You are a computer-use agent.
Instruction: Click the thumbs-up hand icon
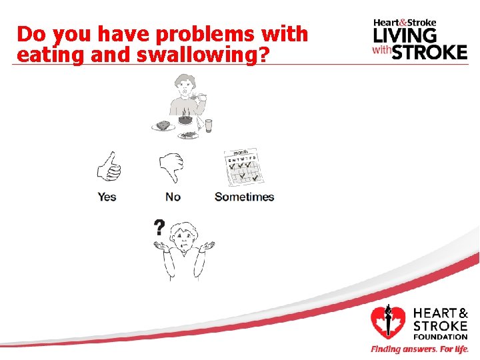click(x=108, y=166)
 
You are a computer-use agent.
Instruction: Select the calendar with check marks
click(x=244, y=167)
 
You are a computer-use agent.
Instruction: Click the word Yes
click(x=107, y=197)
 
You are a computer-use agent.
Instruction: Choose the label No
click(x=173, y=197)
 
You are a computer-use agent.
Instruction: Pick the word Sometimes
click(x=244, y=197)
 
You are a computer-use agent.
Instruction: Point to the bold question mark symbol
click(x=159, y=229)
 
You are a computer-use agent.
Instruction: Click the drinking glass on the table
click(x=209, y=125)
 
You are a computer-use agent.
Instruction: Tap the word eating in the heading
click(x=44, y=55)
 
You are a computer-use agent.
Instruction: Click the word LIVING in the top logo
click(x=405, y=35)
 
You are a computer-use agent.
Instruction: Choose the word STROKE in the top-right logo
click(x=429, y=52)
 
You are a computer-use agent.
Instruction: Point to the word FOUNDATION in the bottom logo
click(x=441, y=337)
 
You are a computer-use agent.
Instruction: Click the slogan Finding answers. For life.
click(x=419, y=349)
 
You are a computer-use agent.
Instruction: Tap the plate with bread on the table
click(x=163, y=125)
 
